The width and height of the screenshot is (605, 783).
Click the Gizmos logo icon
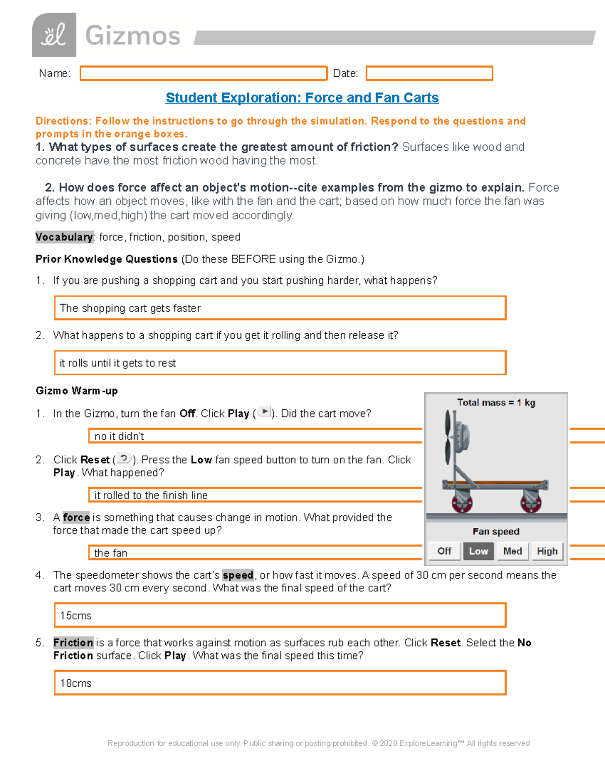click(54, 35)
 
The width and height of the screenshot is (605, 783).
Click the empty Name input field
click(203, 74)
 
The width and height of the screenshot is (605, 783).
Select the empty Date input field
click(429, 74)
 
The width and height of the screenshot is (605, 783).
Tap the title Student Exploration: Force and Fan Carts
click(302, 98)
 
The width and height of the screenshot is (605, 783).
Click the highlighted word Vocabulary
click(64, 237)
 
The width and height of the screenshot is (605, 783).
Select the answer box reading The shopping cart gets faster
click(280, 308)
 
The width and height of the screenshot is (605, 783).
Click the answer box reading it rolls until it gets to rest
click(280, 363)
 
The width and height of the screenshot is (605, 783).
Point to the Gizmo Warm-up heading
click(77, 391)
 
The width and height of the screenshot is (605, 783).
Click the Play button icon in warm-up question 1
click(264, 412)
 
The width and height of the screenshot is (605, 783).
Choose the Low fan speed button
click(478, 551)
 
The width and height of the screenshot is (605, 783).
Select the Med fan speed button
click(512, 551)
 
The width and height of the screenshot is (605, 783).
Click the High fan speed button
click(547, 551)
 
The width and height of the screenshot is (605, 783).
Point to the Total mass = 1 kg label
click(496, 402)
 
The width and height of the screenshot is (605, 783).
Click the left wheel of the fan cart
click(462, 503)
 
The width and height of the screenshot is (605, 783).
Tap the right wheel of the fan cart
click(531, 503)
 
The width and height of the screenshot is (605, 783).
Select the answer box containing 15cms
click(280, 616)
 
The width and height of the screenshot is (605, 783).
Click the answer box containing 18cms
click(280, 683)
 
